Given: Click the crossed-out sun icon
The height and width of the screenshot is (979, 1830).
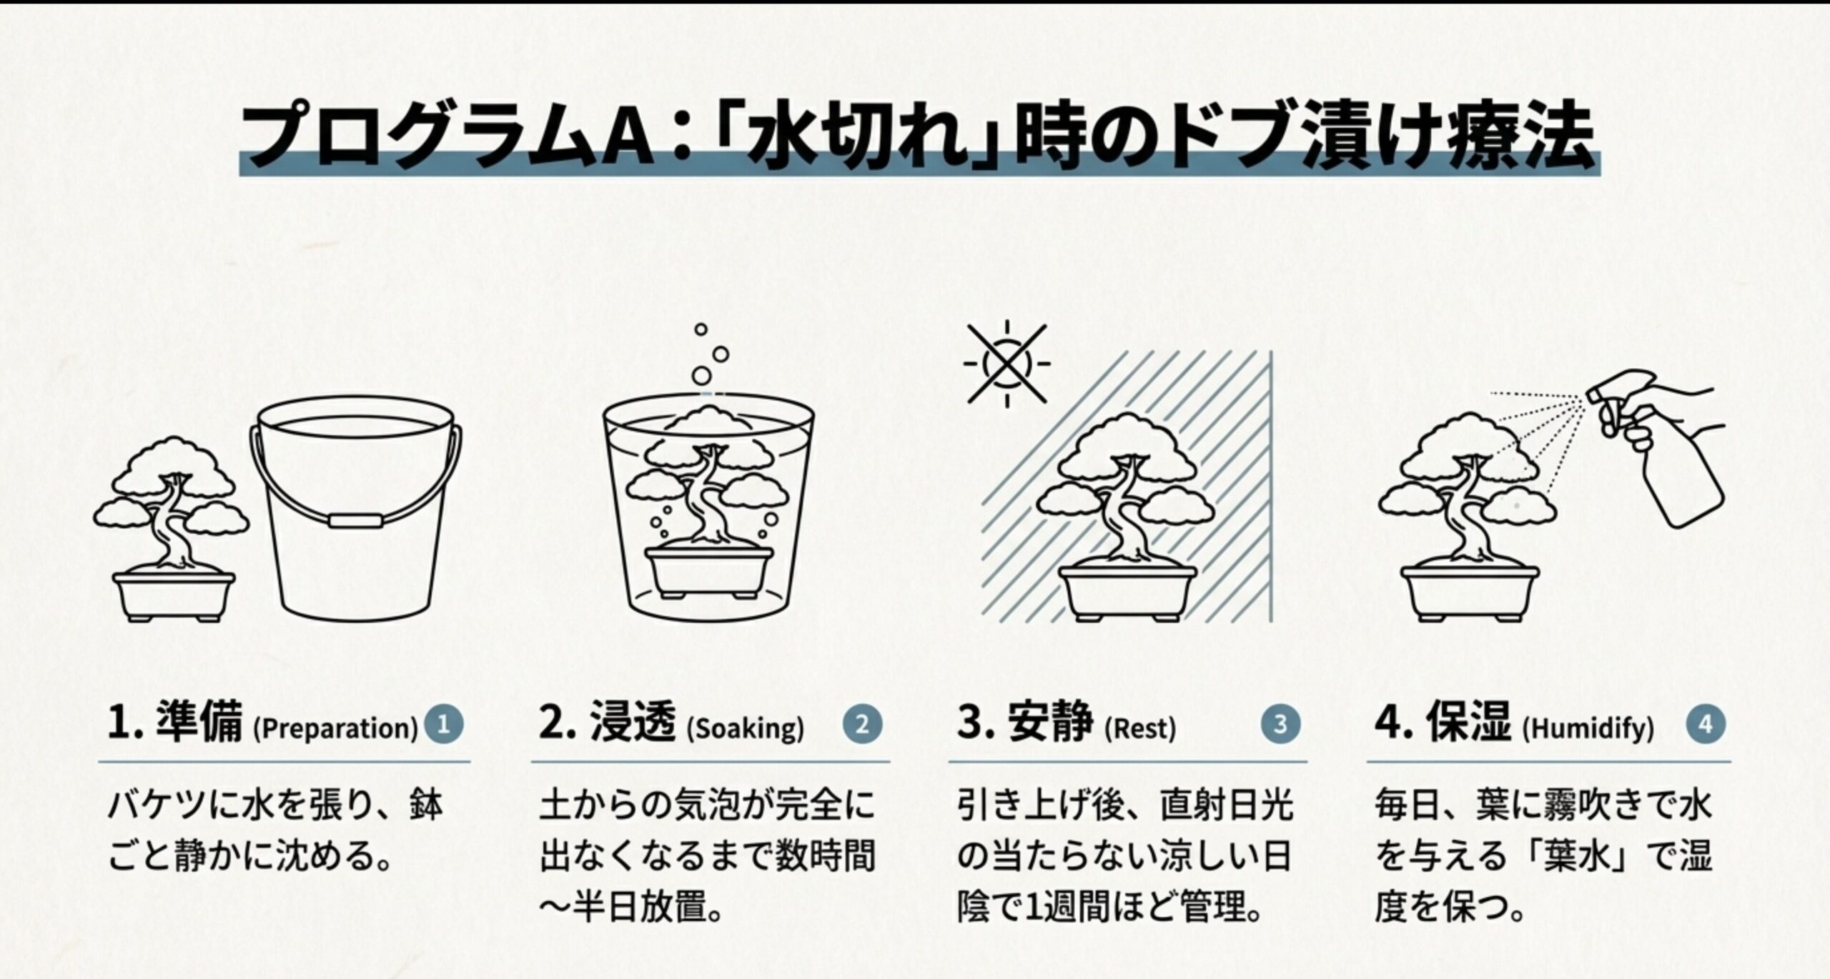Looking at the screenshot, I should (x=1006, y=364).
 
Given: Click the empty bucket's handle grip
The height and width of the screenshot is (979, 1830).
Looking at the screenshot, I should (x=354, y=520).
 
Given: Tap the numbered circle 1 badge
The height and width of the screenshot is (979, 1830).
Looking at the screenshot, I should (x=443, y=725).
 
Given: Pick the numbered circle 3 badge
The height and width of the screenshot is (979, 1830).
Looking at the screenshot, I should (x=1280, y=725).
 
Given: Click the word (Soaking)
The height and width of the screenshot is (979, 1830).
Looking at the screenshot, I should (x=745, y=729).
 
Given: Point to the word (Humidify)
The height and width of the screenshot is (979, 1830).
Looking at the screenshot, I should (x=1588, y=729).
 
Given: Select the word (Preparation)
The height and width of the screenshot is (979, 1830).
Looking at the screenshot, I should (x=335, y=729).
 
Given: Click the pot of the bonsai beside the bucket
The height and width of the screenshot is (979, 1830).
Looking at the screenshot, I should (x=174, y=595).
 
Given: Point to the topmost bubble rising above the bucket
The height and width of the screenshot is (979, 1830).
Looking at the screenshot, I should (x=701, y=329).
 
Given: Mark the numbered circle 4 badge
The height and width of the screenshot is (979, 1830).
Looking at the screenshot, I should (x=1706, y=725).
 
